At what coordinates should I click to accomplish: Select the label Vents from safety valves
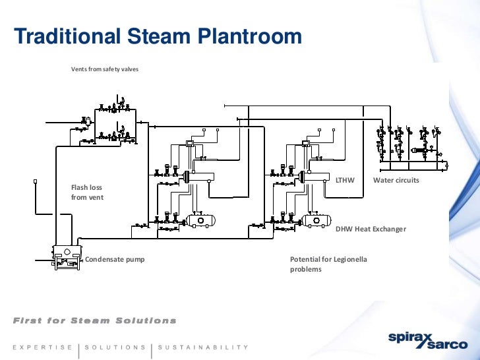(x=105, y=69)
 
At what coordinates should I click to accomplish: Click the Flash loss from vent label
(x=87, y=192)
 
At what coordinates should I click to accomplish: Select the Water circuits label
(x=396, y=180)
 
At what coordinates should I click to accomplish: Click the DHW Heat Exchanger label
(x=371, y=229)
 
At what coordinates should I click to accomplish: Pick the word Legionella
(x=349, y=259)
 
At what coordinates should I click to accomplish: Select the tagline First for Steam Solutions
(x=95, y=320)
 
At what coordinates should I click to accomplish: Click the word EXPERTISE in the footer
(x=42, y=347)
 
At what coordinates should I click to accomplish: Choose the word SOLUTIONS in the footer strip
(x=115, y=347)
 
